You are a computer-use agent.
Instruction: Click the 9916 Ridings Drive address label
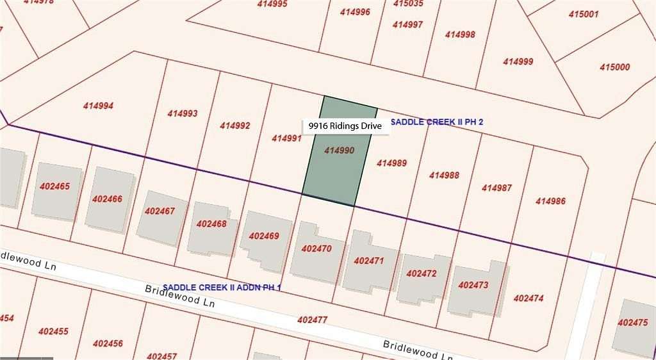click(345, 126)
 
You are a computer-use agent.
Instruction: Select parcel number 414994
click(98, 106)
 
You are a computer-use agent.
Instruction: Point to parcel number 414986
click(550, 201)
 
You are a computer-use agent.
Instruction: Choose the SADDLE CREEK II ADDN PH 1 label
click(222, 288)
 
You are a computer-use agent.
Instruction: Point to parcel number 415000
click(614, 67)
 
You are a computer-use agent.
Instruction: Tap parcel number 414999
click(518, 61)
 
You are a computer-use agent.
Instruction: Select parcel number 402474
click(529, 298)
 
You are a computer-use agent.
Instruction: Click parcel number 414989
click(391, 163)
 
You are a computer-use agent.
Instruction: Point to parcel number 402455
click(53, 331)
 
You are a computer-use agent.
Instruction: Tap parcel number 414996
click(355, 12)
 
